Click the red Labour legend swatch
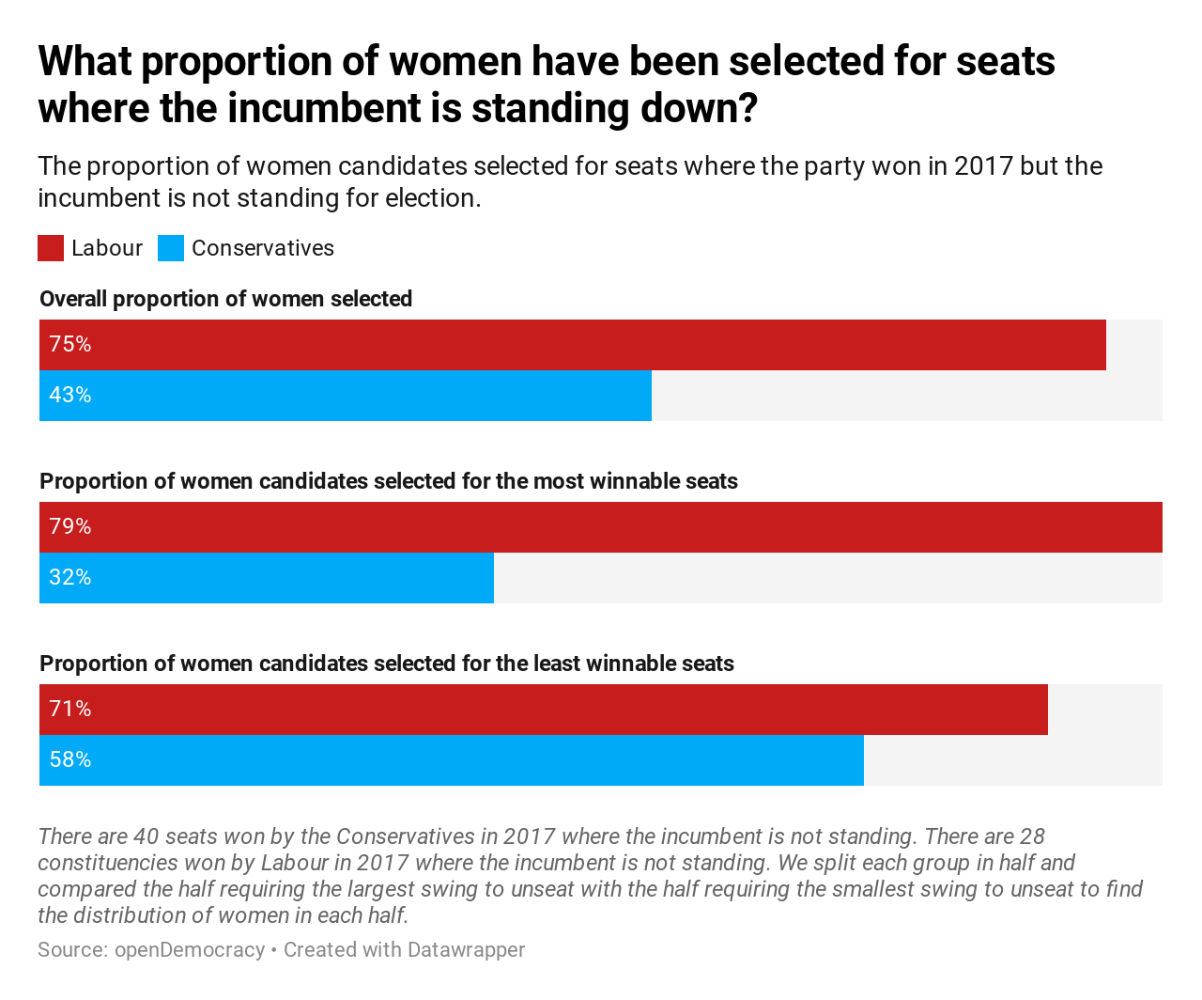pos(51,248)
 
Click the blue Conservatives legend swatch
pos(171,248)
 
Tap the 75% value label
pos(70,345)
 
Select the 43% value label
pos(70,396)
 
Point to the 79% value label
pos(70,527)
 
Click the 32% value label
pos(70,578)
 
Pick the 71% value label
pos(70,710)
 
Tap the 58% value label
pos(70,760)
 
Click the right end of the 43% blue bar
pos(649,396)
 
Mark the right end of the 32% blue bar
pos(491,578)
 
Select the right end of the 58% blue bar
pos(861,760)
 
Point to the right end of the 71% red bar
pos(1045,710)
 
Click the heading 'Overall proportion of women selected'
pos(225,299)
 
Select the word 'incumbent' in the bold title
pos(315,108)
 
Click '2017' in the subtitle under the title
pos(983,166)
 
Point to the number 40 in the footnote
pos(146,836)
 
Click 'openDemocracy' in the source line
pos(190,950)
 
